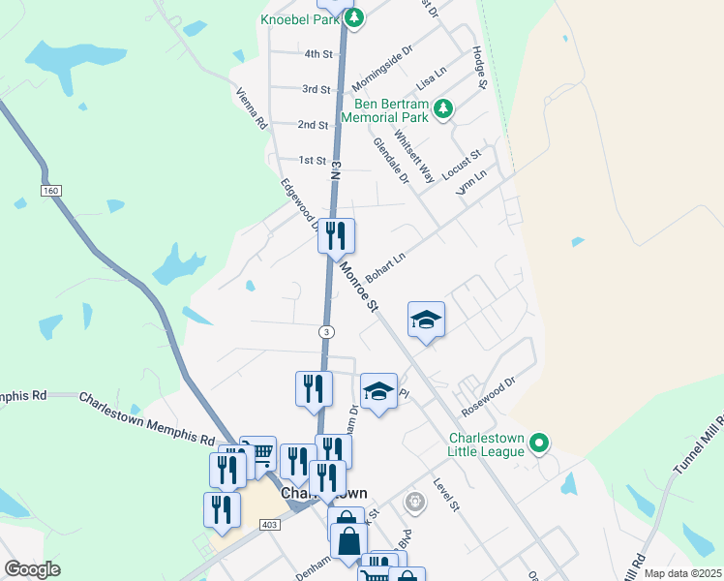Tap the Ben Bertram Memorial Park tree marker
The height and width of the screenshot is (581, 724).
tap(443, 109)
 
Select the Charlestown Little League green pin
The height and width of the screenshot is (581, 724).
tap(540, 444)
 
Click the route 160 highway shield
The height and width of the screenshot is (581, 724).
tap(51, 191)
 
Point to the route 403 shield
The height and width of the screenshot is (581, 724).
tap(271, 524)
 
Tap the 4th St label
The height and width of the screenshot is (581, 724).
tap(317, 54)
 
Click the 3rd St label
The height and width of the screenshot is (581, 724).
tap(317, 89)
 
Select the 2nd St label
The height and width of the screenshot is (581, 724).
tap(313, 125)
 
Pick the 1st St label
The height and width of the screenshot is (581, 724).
tap(313, 160)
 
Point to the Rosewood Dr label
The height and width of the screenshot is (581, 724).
tap(489, 396)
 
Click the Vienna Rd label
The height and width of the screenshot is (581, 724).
tap(252, 108)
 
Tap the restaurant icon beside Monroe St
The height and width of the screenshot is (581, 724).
tap(336, 234)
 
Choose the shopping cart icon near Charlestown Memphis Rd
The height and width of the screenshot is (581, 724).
tap(258, 452)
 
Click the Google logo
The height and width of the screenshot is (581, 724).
tap(33, 569)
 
